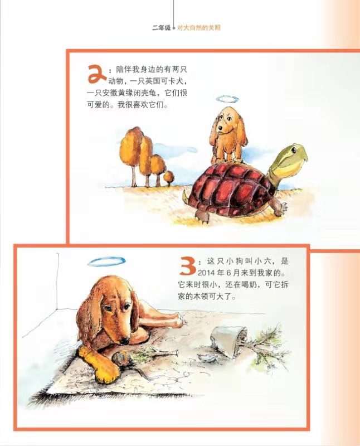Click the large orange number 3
coord(187,266)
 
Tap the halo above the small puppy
coord(227,99)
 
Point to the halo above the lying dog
coord(106,261)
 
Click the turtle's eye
coord(294,149)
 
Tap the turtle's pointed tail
coord(185,196)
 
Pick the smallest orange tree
coord(169,178)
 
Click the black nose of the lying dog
coord(124,341)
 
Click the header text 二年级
coord(161,27)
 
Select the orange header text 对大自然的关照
coord(199,27)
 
